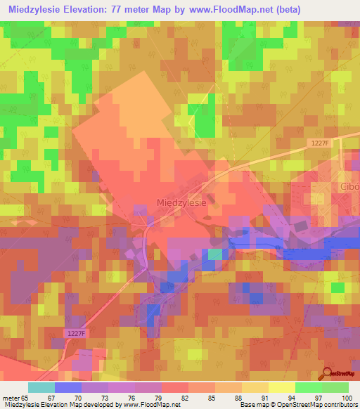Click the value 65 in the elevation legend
[x=26, y=397]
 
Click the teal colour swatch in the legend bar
[x=41, y=387]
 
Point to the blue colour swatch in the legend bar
[x=67, y=387]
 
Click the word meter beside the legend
[x=10, y=397]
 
